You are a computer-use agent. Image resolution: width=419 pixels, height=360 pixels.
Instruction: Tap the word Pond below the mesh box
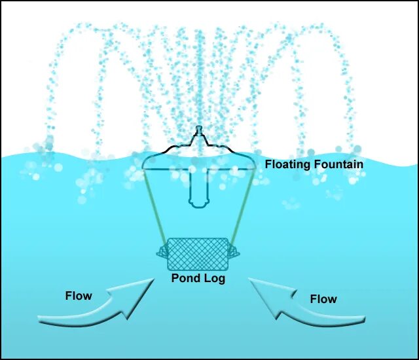click(185, 278)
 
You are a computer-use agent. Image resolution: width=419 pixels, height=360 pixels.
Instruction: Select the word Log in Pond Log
click(214, 279)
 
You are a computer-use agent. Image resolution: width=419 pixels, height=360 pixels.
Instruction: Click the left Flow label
click(79, 296)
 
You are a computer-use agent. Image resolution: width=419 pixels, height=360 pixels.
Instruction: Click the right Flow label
click(323, 299)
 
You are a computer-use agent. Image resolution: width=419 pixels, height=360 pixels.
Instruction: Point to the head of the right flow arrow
click(257, 288)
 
